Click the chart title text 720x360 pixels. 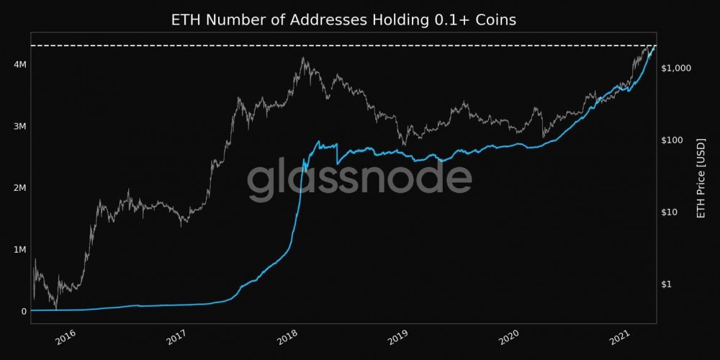point(343,19)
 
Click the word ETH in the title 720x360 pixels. point(185,19)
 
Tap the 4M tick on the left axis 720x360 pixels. point(19,65)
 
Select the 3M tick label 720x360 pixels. point(19,127)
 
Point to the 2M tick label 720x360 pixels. point(19,188)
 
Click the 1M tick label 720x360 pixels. point(19,250)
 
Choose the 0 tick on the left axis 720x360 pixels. point(23,311)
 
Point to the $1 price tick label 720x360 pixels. point(667,284)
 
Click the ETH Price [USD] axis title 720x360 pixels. point(703,179)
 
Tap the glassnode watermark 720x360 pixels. point(359,180)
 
